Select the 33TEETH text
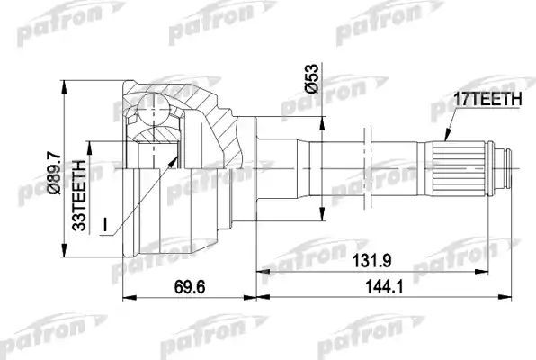tap(79, 193)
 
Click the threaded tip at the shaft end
tap(511, 167)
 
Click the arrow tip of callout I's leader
tap(175, 154)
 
